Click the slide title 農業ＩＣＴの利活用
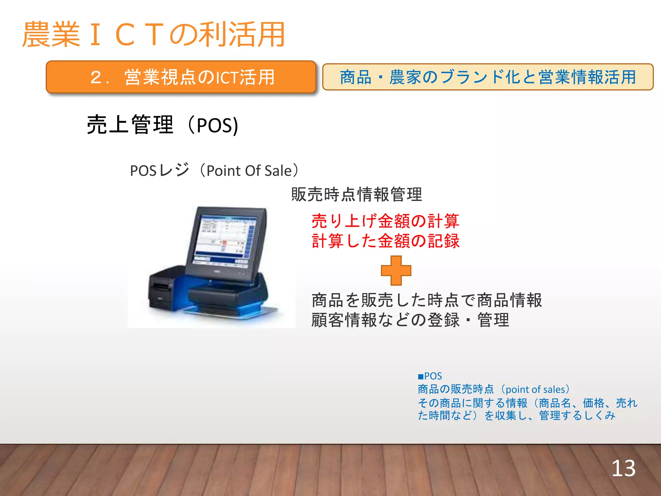[153, 34]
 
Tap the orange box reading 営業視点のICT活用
[181, 77]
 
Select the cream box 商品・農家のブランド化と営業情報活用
[488, 77]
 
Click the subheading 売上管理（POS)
[162, 125]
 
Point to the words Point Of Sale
[249, 171]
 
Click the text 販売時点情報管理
[356, 194]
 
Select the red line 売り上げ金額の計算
[385, 221]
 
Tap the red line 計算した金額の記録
[385, 241]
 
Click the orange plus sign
[396, 271]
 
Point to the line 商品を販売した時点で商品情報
[426, 300]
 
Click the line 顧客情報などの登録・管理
[410, 320]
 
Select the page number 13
[623, 468]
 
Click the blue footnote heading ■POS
[430, 376]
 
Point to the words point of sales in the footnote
[535, 389]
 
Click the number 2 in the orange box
[96, 77]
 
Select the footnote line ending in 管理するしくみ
[516, 416]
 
